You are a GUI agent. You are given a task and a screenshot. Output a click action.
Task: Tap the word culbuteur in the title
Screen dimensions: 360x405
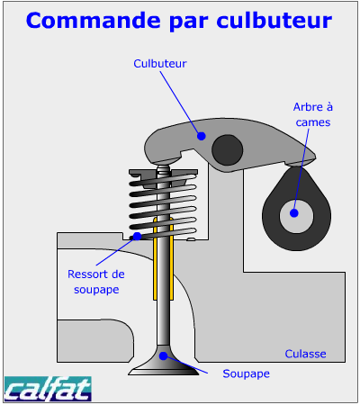click(274, 21)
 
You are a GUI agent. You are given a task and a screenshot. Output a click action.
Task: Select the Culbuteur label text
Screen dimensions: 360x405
click(160, 64)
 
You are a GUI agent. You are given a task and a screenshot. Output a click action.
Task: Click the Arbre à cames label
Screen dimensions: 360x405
click(313, 114)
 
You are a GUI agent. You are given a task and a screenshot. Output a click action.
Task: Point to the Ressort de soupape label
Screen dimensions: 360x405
click(96, 282)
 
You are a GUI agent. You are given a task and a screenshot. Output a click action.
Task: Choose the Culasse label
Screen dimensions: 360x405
click(305, 354)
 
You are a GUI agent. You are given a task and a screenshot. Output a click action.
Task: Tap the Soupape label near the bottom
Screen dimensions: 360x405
click(246, 373)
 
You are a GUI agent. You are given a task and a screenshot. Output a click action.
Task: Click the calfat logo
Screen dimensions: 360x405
click(48, 389)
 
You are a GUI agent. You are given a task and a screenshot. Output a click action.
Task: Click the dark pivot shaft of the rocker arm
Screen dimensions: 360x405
click(227, 149)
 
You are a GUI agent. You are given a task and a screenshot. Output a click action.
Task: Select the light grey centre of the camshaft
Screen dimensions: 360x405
click(296, 216)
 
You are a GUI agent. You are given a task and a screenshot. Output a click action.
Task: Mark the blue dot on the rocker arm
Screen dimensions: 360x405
click(202, 136)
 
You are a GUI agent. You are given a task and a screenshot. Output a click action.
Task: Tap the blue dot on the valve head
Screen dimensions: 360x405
click(163, 356)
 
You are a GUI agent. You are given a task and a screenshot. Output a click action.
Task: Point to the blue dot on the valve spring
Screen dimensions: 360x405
click(137, 236)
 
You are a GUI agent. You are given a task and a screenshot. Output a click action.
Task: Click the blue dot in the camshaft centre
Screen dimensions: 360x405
click(294, 213)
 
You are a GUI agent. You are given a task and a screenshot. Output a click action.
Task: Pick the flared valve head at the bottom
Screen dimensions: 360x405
click(164, 362)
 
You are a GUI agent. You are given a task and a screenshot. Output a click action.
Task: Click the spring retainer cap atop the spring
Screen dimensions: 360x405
click(163, 174)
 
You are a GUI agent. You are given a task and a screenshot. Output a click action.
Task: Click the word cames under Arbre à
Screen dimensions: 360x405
click(313, 122)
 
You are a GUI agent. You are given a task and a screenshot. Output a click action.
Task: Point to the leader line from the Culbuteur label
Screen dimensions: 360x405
click(181, 103)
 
